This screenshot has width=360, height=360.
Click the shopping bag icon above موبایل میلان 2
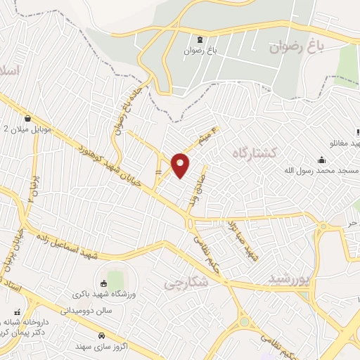[27, 118]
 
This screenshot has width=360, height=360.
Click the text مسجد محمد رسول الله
[321, 171]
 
